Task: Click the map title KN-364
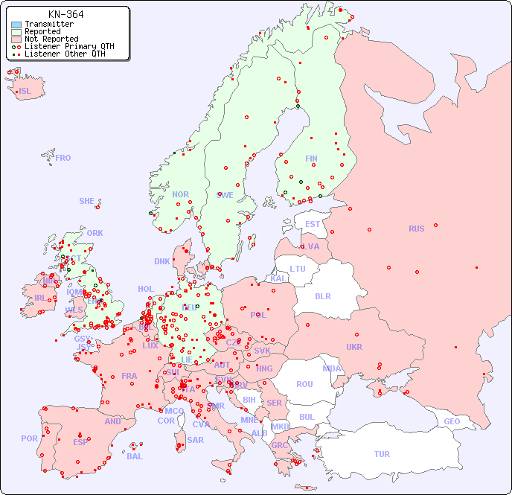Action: [x=65, y=14]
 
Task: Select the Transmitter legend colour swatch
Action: [x=16, y=25]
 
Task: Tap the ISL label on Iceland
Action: [x=25, y=92]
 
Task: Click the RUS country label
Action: [x=416, y=229]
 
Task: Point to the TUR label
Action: [x=382, y=454]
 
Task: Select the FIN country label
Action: [x=311, y=159]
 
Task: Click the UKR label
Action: [x=354, y=347]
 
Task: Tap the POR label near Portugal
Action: [x=29, y=438]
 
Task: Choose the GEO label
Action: [x=452, y=421]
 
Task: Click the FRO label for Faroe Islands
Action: [x=63, y=158]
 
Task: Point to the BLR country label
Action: [x=323, y=296]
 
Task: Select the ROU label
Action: [x=304, y=384]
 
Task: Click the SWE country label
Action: [x=225, y=195]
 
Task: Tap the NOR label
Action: [x=180, y=194]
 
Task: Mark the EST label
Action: [x=313, y=224]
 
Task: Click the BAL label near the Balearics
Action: [x=134, y=456]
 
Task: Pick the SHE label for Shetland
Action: [x=87, y=201]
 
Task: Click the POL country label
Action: [x=258, y=315]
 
